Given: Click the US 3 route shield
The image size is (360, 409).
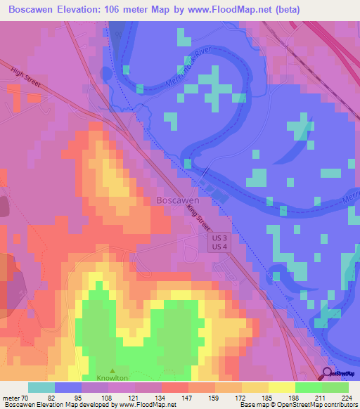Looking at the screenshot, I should [219, 238].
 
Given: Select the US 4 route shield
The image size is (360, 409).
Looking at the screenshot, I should [219, 247].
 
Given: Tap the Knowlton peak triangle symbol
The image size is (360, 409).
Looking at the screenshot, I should [112, 370].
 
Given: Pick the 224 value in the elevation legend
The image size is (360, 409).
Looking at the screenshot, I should [347, 398].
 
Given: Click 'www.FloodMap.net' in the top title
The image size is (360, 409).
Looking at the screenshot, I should [230, 10].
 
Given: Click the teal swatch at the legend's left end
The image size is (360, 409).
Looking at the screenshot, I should [41, 387].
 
